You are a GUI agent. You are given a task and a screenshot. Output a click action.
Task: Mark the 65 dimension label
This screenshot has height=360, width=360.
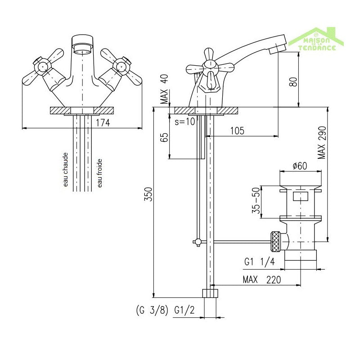pyautogui.click(x=164, y=137)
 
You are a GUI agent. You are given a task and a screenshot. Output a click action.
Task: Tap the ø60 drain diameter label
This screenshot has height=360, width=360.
pyautogui.click(x=299, y=166)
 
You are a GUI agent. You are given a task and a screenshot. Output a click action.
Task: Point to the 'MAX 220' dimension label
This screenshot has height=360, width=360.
pyautogui.click(x=261, y=279)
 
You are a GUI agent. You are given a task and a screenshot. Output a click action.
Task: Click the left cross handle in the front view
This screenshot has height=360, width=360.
pyautogui.click(x=43, y=68)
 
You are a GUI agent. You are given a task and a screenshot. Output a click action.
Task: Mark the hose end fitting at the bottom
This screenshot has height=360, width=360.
pyautogui.click(x=210, y=293)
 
